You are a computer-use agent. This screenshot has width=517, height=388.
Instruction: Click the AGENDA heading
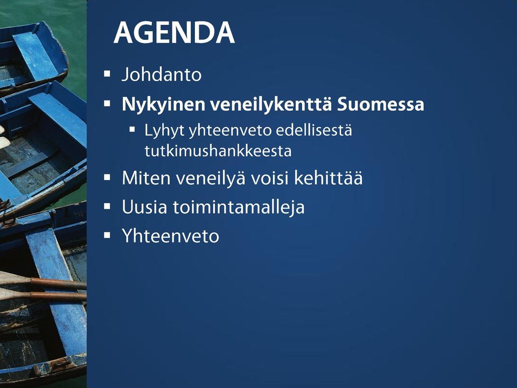tap(174, 32)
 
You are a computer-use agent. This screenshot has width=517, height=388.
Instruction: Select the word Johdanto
tap(162, 74)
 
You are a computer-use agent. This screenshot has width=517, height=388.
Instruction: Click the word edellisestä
tap(313, 130)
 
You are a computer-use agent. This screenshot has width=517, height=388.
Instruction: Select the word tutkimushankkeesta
tap(218, 151)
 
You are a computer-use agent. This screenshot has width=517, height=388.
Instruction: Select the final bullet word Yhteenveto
tap(171, 236)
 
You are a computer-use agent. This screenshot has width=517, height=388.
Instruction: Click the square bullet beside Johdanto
tap(107, 74)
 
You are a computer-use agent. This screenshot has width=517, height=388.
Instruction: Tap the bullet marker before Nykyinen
tap(107, 104)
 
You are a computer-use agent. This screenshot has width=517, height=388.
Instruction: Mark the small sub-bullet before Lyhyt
tap(132, 129)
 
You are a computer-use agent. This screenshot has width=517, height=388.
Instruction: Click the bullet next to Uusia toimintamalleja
tap(107, 206)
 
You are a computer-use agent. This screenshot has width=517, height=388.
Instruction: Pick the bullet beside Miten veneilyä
tap(107, 177)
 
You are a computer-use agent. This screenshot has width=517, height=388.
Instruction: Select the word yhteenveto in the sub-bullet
tap(229, 131)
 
